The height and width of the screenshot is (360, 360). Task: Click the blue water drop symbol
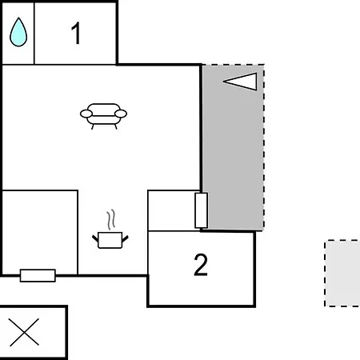pos(18,32)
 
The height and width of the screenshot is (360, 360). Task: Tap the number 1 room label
pos(76,34)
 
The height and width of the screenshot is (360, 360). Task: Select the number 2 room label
pos(201,265)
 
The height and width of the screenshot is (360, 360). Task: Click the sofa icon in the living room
pos(103,116)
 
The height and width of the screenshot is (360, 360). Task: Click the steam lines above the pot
pos(111,219)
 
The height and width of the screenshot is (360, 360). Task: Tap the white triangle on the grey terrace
pos(241,81)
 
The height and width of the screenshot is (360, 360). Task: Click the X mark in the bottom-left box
pos(24,332)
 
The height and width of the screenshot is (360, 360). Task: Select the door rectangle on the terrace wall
pos(202,210)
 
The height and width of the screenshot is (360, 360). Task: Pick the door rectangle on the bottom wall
pos(38,275)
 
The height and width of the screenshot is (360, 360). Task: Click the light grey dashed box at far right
pos(342,274)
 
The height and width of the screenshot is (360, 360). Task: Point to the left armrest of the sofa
pos(86,114)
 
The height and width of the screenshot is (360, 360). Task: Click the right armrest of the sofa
pos(121,114)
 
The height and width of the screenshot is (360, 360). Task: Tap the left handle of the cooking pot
pos(95,238)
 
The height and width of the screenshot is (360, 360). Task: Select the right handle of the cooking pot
pos(125,239)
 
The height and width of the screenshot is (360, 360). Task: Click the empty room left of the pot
pos(40,232)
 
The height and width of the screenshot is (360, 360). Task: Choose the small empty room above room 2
pos(171,210)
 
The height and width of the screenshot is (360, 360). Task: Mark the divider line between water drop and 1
pos(34,34)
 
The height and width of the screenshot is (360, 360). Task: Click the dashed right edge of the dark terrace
pos(264,146)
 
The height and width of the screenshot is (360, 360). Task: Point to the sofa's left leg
pos(93,126)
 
